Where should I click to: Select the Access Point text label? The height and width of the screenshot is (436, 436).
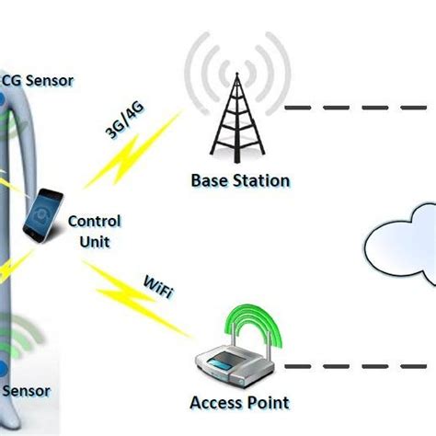point(238,402)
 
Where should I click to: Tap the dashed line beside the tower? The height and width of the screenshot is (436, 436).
point(359,108)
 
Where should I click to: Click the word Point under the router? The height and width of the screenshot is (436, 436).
point(269,402)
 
